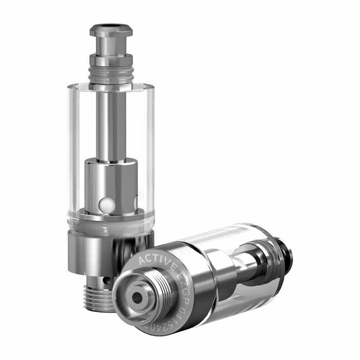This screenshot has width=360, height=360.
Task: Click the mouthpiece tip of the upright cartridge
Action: pyautogui.click(x=111, y=29)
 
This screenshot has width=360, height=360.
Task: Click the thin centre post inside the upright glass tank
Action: pyautogui.click(x=110, y=122)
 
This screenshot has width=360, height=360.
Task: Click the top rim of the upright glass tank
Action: pyautogui.click(x=110, y=84)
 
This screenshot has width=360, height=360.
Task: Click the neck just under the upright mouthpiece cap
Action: pyautogui.click(x=111, y=47)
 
